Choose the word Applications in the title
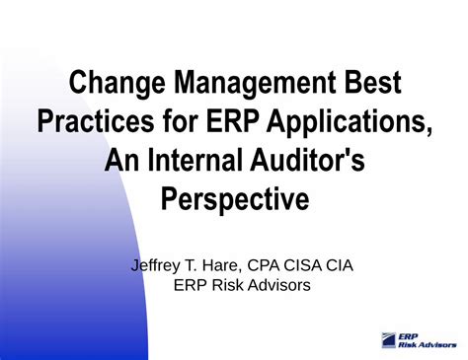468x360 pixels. pyautogui.click(x=349, y=121)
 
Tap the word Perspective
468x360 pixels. pyautogui.click(x=234, y=200)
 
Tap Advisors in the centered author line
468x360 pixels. pyautogui.click(x=281, y=285)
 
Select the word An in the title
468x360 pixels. pyautogui.click(x=123, y=161)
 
